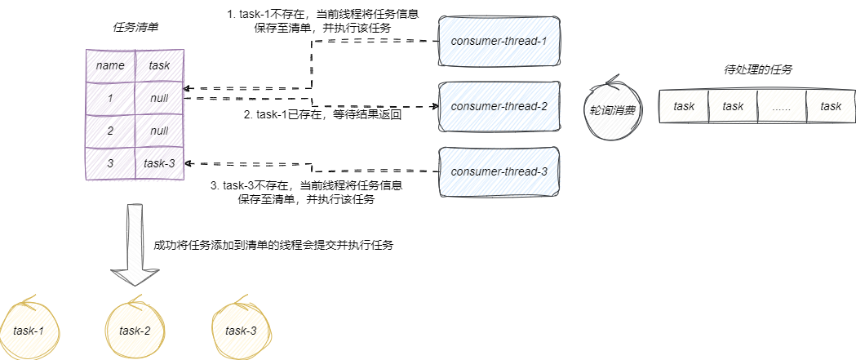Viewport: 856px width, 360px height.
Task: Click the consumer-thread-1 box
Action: (499, 41)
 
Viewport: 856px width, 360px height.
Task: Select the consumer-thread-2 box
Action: (499, 106)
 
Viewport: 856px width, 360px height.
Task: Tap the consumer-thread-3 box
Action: (499, 171)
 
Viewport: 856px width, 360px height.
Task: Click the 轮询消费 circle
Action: (613, 107)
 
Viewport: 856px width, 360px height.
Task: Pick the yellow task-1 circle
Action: (29, 331)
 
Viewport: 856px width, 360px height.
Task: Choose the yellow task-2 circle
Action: (135, 331)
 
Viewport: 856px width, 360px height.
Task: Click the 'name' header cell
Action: (110, 65)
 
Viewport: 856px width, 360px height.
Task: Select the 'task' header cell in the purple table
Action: (159, 65)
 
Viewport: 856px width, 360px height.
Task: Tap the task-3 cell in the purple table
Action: (159, 163)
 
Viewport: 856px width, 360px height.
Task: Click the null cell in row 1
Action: (159, 98)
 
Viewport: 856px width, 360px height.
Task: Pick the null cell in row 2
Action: (159, 131)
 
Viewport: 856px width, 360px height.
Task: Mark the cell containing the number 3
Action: (110, 163)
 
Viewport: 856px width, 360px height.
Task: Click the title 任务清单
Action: (135, 27)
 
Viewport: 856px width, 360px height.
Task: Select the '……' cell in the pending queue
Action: (782, 106)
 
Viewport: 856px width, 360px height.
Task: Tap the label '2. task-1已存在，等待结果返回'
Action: (324, 115)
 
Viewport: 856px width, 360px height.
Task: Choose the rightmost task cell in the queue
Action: (831, 106)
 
